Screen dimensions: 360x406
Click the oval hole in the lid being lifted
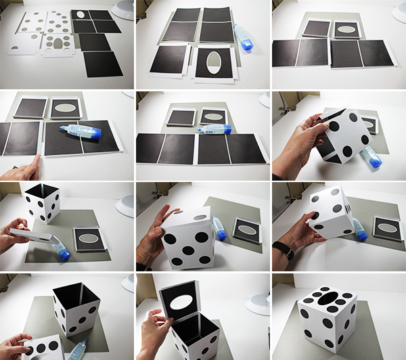coord(181,301)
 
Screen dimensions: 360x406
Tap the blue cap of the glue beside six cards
coord(246,45)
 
